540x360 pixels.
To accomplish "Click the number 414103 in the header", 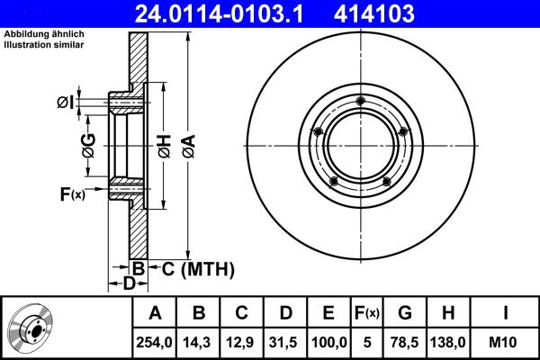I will click(x=404, y=13).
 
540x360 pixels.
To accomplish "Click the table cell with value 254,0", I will click(x=155, y=342).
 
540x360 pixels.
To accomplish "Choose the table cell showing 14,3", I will click(x=199, y=342).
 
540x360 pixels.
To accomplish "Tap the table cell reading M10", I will click(x=505, y=342).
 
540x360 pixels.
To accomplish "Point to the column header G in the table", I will click(x=405, y=313).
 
